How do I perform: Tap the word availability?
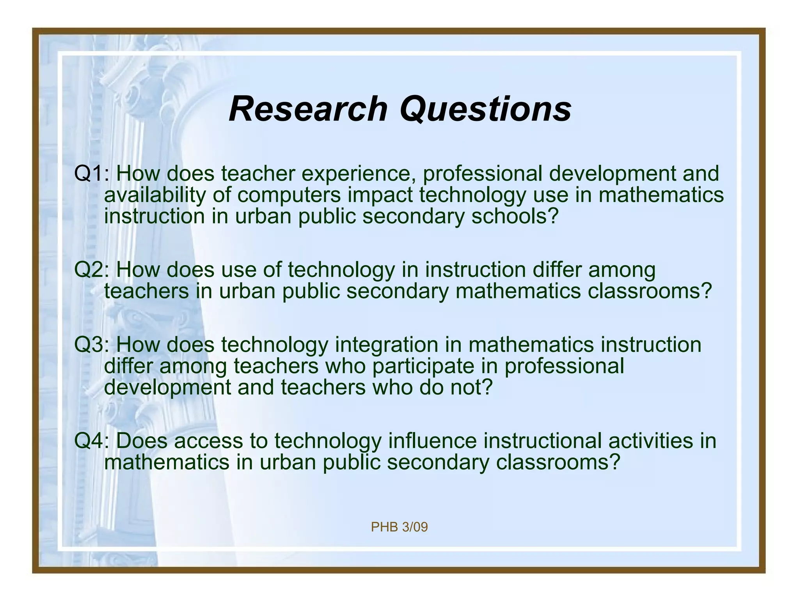click(x=154, y=195)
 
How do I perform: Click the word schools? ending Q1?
click(x=515, y=216)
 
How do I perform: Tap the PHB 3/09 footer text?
click(x=399, y=527)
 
